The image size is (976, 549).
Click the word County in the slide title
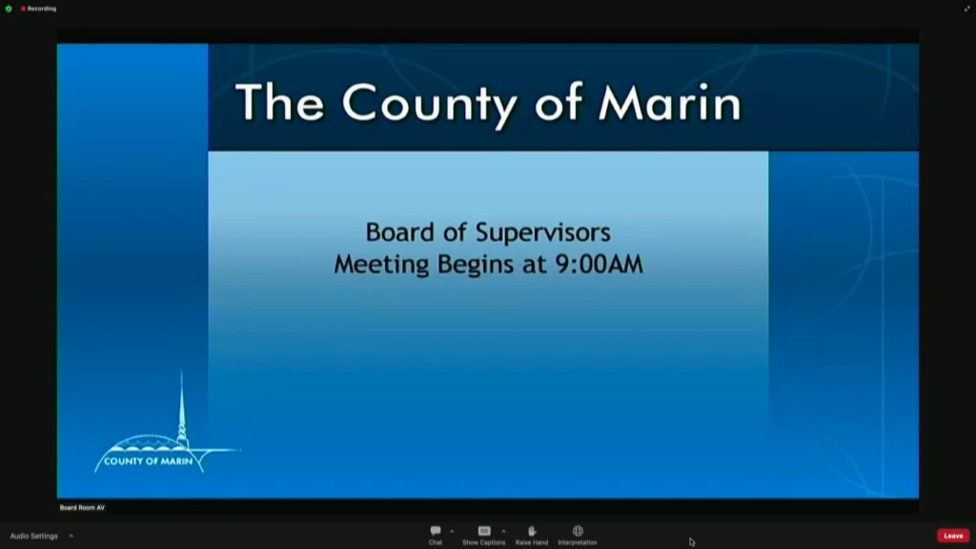tap(430, 103)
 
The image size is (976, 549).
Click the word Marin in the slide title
tap(670, 102)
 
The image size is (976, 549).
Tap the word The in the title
tap(279, 102)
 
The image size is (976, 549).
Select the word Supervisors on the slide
tap(543, 234)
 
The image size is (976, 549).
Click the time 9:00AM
tap(599, 264)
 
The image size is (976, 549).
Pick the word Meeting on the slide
tap(381, 265)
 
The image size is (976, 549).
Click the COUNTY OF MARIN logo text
tap(148, 461)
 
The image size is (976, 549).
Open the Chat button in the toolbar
tap(435, 535)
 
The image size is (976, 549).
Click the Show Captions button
tap(483, 535)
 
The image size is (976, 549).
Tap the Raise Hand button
tap(532, 535)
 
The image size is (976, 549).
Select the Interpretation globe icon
tap(578, 531)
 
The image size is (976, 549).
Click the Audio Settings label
tap(33, 536)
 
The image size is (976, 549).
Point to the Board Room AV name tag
tap(82, 508)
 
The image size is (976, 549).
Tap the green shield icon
tap(9, 9)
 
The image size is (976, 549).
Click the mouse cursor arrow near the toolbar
tap(692, 541)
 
